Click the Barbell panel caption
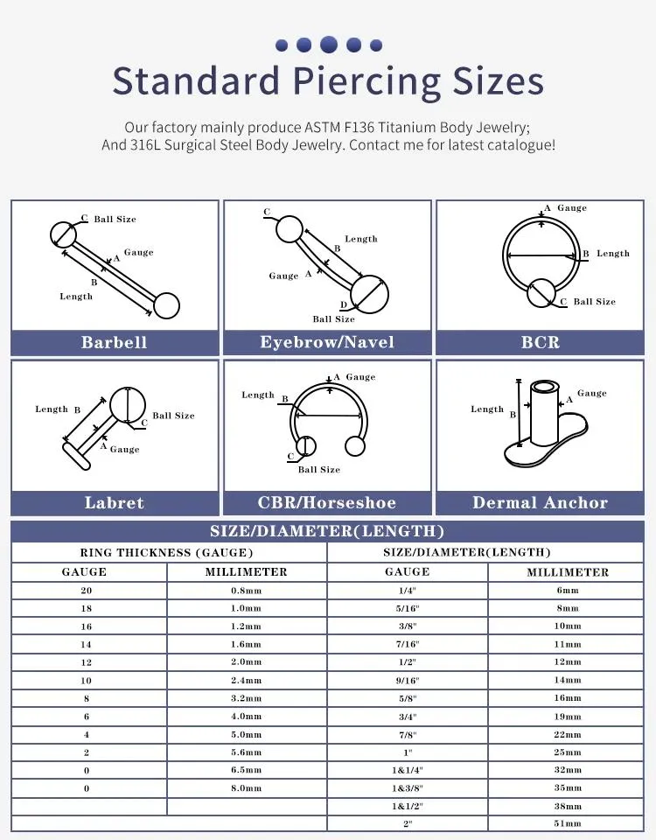click(x=115, y=342)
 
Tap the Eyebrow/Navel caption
click(x=327, y=342)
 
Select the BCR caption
click(x=540, y=342)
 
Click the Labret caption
click(x=115, y=502)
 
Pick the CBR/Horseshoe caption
click(x=327, y=502)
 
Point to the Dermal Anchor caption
click(x=540, y=502)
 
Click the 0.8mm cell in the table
click(x=246, y=591)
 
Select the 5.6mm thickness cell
click(x=246, y=752)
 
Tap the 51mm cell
click(x=567, y=824)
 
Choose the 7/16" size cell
click(x=408, y=644)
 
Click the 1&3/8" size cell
click(x=408, y=788)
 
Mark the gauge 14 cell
click(x=87, y=644)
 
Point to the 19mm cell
click(x=567, y=717)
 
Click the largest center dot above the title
click(x=329, y=44)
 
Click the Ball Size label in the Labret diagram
click(x=173, y=416)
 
